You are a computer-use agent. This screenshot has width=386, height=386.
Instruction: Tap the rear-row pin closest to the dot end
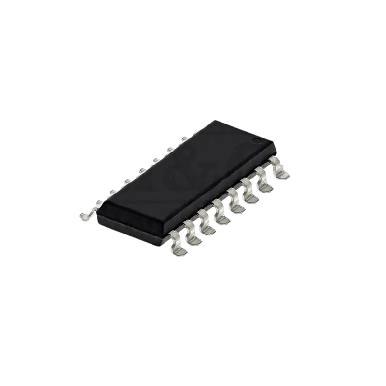point(185,139)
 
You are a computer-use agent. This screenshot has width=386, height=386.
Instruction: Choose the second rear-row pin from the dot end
point(170,150)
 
